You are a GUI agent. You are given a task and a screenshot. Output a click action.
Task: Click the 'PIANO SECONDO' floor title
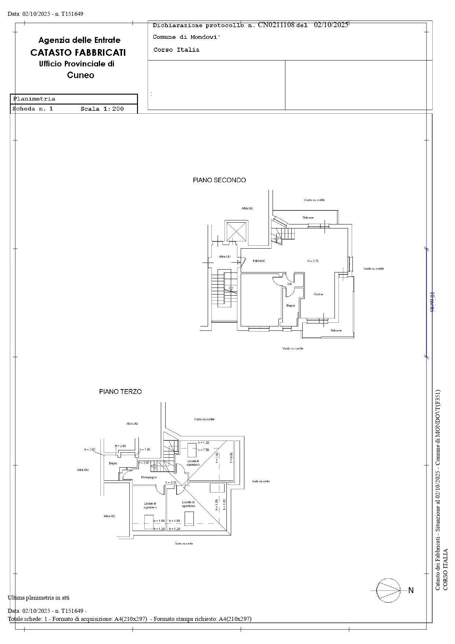point(219,180)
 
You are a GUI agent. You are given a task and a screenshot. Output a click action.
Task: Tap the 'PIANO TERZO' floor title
point(120,392)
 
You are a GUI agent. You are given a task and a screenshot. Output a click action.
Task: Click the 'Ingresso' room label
point(259,261)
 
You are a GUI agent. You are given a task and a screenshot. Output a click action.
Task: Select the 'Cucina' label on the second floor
point(318,294)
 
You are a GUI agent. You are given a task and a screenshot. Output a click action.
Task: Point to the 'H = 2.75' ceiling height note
point(312,261)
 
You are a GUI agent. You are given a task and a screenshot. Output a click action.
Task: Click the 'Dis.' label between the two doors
point(289,284)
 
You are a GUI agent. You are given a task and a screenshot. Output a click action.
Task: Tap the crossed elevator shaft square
point(236,231)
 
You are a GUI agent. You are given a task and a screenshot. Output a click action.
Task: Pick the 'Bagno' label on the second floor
point(291,305)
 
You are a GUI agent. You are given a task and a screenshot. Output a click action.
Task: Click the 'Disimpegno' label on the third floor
point(149,477)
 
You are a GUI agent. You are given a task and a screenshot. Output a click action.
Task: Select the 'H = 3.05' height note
point(171,482)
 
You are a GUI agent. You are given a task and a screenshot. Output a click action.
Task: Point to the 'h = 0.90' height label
point(231,458)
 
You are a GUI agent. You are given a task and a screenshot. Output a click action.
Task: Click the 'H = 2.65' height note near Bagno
point(120,446)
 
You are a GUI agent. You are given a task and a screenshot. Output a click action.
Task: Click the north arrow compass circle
point(388,590)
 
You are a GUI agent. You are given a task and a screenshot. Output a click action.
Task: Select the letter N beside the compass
point(411,590)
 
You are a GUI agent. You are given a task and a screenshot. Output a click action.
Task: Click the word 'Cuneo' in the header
point(81,75)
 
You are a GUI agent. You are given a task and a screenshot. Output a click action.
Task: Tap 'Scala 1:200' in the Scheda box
point(102,109)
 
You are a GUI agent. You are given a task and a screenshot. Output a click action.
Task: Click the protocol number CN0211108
point(276,25)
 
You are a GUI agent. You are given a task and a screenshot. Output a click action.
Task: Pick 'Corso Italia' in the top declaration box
point(176,50)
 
